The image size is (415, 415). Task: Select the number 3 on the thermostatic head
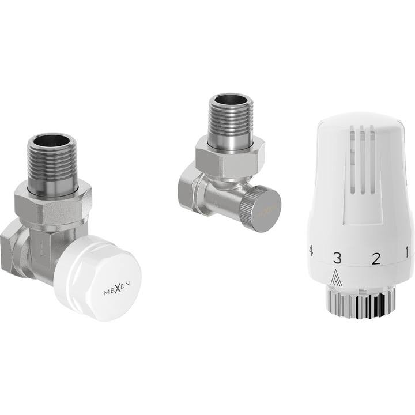(x=338, y=256)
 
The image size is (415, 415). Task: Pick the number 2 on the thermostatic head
(x=375, y=258)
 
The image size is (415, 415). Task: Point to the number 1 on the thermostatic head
(x=406, y=251)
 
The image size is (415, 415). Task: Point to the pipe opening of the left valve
(x=51, y=142)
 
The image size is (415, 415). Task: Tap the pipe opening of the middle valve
(x=230, y=100)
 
